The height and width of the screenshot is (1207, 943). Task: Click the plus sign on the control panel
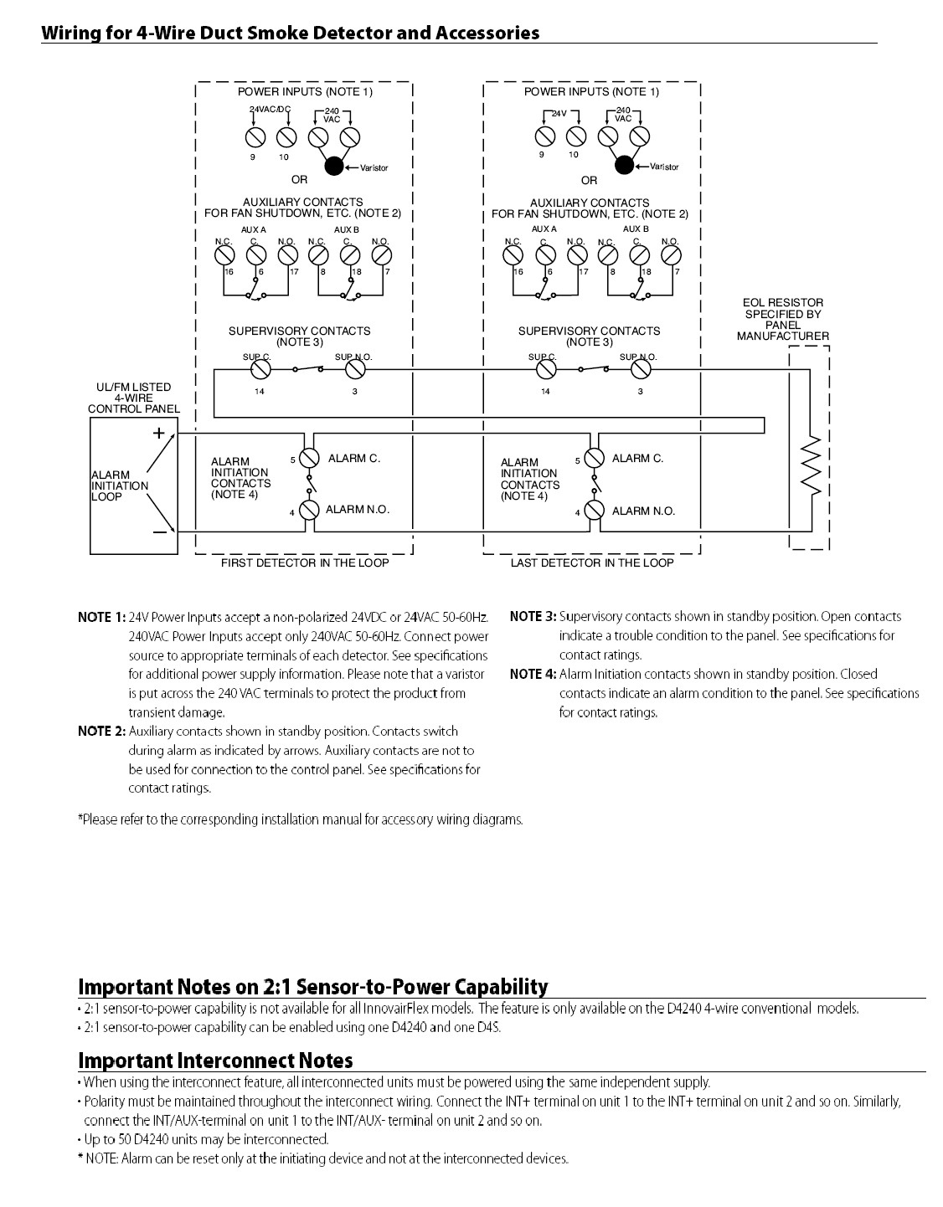tap(158, 433)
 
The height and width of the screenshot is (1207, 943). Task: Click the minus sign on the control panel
tap(158, 533)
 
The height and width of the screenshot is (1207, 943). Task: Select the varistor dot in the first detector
tap(334, 166)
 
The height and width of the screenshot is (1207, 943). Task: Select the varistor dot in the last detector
tap(624, 165)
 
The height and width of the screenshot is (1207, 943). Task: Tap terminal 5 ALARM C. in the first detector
tap(310, 458)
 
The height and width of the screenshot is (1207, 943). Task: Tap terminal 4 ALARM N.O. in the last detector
tap(595, 511)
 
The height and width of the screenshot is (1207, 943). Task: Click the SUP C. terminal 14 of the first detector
tap(260, 369)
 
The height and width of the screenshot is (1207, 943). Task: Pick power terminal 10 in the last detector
tap(575, 136)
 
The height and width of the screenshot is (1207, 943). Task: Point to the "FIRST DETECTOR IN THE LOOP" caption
tap(305, 563)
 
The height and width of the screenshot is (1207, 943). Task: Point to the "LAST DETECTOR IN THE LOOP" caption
tap(592, 563)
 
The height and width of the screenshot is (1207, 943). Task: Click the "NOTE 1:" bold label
tap(101, 617)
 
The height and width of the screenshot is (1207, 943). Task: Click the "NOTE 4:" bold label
tap(533, 674)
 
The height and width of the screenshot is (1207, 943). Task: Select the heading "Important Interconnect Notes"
tap(215, 1061)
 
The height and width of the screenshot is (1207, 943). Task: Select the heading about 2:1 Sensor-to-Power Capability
tap(312, 986)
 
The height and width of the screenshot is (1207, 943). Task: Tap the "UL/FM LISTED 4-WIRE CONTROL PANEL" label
tap(133, 398)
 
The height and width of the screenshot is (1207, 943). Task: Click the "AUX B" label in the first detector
tap(347, 229)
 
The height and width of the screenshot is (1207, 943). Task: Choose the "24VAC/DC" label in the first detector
tap(270, 110)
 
